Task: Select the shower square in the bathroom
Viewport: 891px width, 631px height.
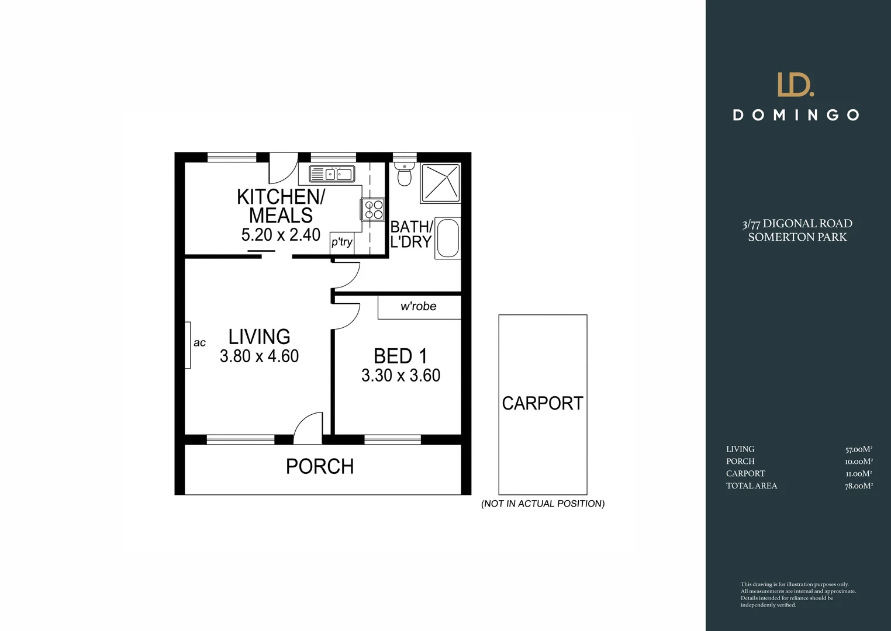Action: tap(440, 183)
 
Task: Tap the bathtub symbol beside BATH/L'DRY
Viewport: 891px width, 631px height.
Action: tap(448, 238)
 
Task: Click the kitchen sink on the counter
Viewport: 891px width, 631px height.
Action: tap(332, 174)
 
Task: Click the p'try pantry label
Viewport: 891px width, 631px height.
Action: tap(342, 242)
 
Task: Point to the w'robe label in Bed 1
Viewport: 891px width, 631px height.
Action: tap(418, 307)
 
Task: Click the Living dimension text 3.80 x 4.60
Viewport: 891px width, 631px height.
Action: tap(259, 356)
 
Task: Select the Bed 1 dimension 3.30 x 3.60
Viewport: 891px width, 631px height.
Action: tap(400, 375)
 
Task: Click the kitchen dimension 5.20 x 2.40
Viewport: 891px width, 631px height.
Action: tap(281, 235)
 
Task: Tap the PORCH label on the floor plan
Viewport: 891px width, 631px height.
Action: tap(320, 466)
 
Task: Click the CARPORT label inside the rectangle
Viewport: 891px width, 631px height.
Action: tap(543, 403)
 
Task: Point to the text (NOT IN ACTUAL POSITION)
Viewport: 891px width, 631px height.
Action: tap(543, 504)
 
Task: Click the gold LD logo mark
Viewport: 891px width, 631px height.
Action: tap(795, 85)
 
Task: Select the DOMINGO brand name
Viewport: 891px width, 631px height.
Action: tap(796, 115)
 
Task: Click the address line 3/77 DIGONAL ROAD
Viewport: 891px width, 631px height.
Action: tap(797, 224)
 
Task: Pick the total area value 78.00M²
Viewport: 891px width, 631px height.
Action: tap(858, 486)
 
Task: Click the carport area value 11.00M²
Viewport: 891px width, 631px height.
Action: tap(859, 474)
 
